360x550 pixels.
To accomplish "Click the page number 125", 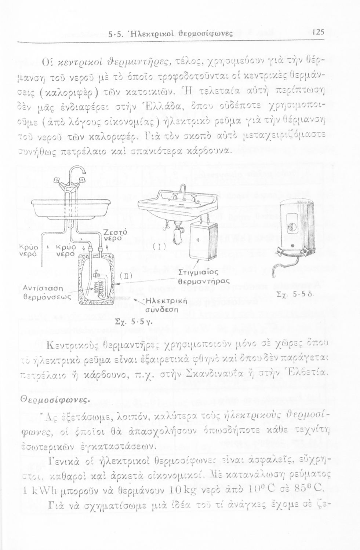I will [318, 32].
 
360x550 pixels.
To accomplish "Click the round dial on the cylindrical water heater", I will [292, 225].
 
